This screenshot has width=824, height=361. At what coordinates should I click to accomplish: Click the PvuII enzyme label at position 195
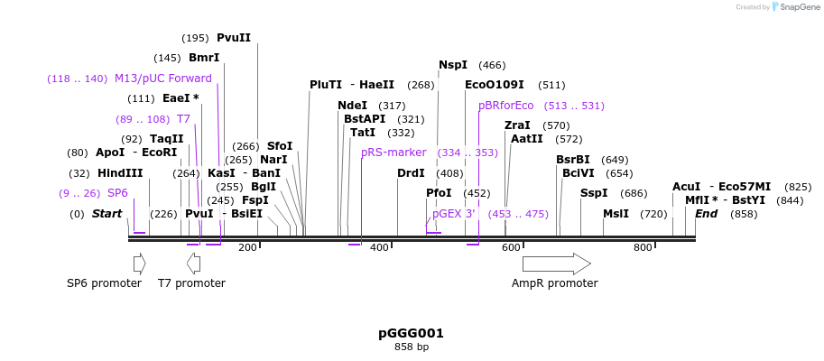tap(233, 38)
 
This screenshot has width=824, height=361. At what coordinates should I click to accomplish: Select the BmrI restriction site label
tap(204, 58)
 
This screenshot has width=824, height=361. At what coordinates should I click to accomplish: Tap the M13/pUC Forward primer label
tap(162, 79)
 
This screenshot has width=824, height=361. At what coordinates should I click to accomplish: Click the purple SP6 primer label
tap(117, 193)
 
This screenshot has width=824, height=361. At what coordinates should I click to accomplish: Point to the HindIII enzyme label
tap(120, 173)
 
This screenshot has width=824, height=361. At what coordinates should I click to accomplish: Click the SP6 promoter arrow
tap(139, 264)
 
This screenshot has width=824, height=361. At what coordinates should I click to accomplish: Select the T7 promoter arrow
tap(193, 264)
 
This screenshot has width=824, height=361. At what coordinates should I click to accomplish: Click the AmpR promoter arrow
tap(556, 264)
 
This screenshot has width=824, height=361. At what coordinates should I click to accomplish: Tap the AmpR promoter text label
tap(554, 283)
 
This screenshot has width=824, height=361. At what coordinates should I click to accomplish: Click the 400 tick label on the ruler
tap(379, 247)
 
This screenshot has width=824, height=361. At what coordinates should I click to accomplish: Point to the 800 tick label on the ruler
tap(643, 247)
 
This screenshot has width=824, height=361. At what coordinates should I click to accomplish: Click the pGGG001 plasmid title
tap(411, 333)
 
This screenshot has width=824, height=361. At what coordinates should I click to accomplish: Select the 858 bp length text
tap(411, 347)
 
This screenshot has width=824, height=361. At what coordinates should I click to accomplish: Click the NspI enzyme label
tap(453, 65)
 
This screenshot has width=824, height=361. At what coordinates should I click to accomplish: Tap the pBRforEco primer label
tap(506, 106)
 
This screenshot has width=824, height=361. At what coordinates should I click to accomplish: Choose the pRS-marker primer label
tap(393, 153)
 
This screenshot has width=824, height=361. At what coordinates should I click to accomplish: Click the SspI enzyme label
tap(594, 193)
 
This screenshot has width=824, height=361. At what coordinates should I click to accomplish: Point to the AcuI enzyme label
tap(686, 187)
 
